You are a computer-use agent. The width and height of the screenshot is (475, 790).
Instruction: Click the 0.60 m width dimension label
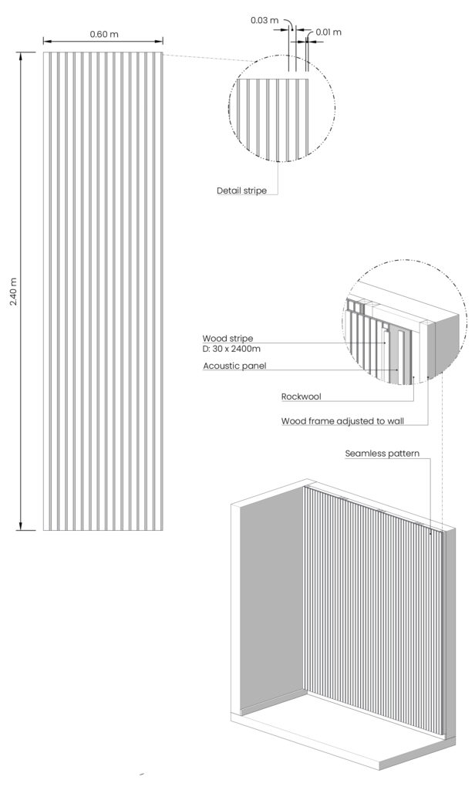pyautogui.click(x=103, y=34)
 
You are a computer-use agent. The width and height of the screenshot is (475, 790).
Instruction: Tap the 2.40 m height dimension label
pyautogui.click(x=12, y=291)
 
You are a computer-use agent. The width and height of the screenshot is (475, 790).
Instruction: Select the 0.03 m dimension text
pyautogui.click(x=264, y=20)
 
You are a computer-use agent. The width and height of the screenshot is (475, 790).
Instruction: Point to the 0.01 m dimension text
pyautogui.click(x=328, y=32)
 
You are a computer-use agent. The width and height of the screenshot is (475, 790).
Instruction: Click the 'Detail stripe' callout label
pyautogui.click(x=241, y=190)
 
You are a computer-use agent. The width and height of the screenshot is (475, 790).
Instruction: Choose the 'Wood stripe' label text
pyautogui.click(x=227, y=338)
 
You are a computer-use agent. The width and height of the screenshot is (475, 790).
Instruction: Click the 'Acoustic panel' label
pyautogui.click(x=234, y=366)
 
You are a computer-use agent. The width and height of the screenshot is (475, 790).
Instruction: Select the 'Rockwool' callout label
pyautogui.click(x=301, y=397)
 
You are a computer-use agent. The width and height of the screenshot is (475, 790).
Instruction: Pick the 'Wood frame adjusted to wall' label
pyautogui.click(x=343, y=422)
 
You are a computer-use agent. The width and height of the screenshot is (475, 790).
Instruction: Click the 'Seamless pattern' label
pyautogui.click(x=382, y=454)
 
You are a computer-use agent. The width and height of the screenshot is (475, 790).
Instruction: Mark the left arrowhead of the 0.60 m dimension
pyautogui.click(x=45, y=42)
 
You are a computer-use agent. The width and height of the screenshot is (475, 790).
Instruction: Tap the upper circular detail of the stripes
pyautogui.click(x=282, y=108)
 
